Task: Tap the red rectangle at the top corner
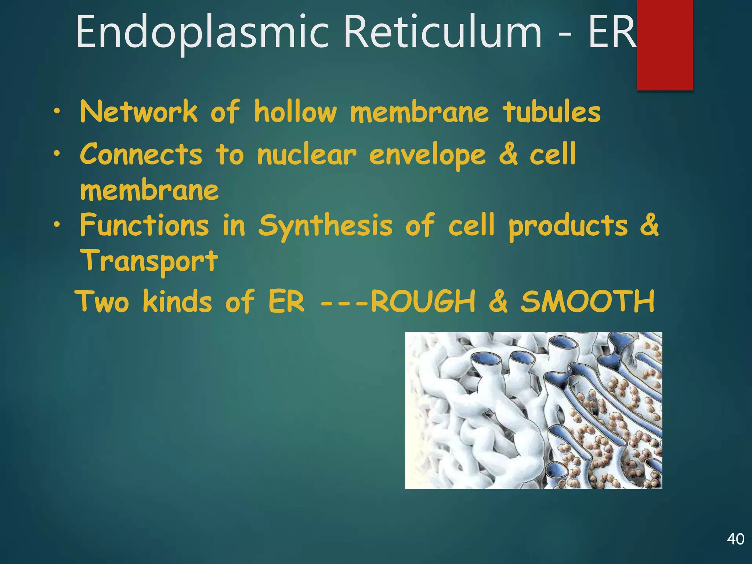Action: coord(665,45)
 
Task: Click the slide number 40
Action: coord(735,539)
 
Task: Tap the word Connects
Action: coord(141,154)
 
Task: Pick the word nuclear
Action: coord(307,154)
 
